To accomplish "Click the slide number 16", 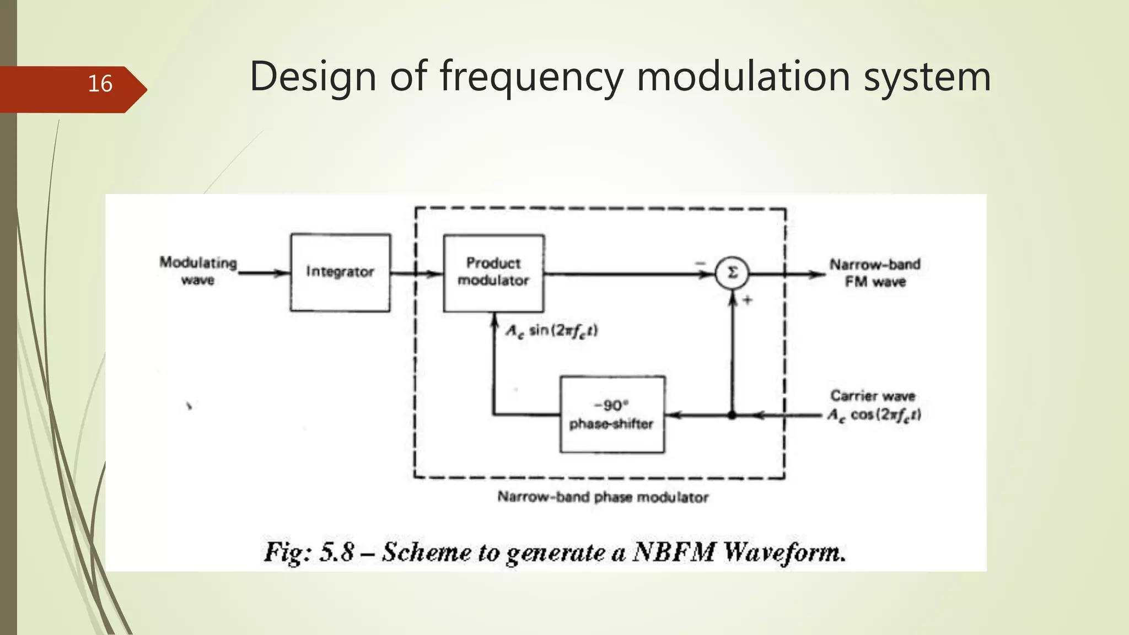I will tap(100, 84).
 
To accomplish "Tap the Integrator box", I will tap(340, 272).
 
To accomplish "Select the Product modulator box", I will tap(493, 272).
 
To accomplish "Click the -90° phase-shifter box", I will tap(612, 415).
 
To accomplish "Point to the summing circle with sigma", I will tap(732, 273).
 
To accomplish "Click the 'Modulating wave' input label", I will tap(198, 271).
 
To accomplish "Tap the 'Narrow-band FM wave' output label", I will tap(875, 273).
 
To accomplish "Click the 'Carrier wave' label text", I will tap(873, 396).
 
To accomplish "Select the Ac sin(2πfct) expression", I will tap(552, 331).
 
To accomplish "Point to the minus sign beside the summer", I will tap(700, 263).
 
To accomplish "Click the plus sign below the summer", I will tap(748, 300).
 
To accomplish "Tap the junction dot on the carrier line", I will tap(732, 415).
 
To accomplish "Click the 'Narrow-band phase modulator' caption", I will tap(603, 497).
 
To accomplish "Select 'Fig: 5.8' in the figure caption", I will tap(309, 552).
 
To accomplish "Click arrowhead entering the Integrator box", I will tap(284, 272).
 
